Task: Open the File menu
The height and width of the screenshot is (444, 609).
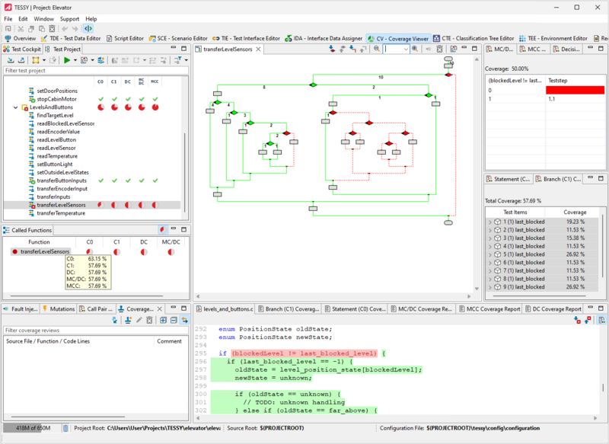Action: tap(8, 18)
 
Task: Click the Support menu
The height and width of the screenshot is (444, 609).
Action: tap(69, 18)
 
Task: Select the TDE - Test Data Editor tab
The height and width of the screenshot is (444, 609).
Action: tap(75, 38)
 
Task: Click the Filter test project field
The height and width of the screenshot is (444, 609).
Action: tap(91, 70)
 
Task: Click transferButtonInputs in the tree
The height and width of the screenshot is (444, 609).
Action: tap(66, 180)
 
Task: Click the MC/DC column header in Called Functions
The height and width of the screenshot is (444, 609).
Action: tap(171, 242)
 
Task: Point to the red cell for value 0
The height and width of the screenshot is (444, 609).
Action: tap(573, 90)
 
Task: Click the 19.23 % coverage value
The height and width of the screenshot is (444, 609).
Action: tap(574, 221)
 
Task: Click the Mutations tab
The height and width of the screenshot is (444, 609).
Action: tap(62, 309)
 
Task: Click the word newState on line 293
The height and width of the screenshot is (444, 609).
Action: tap(314, 336)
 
